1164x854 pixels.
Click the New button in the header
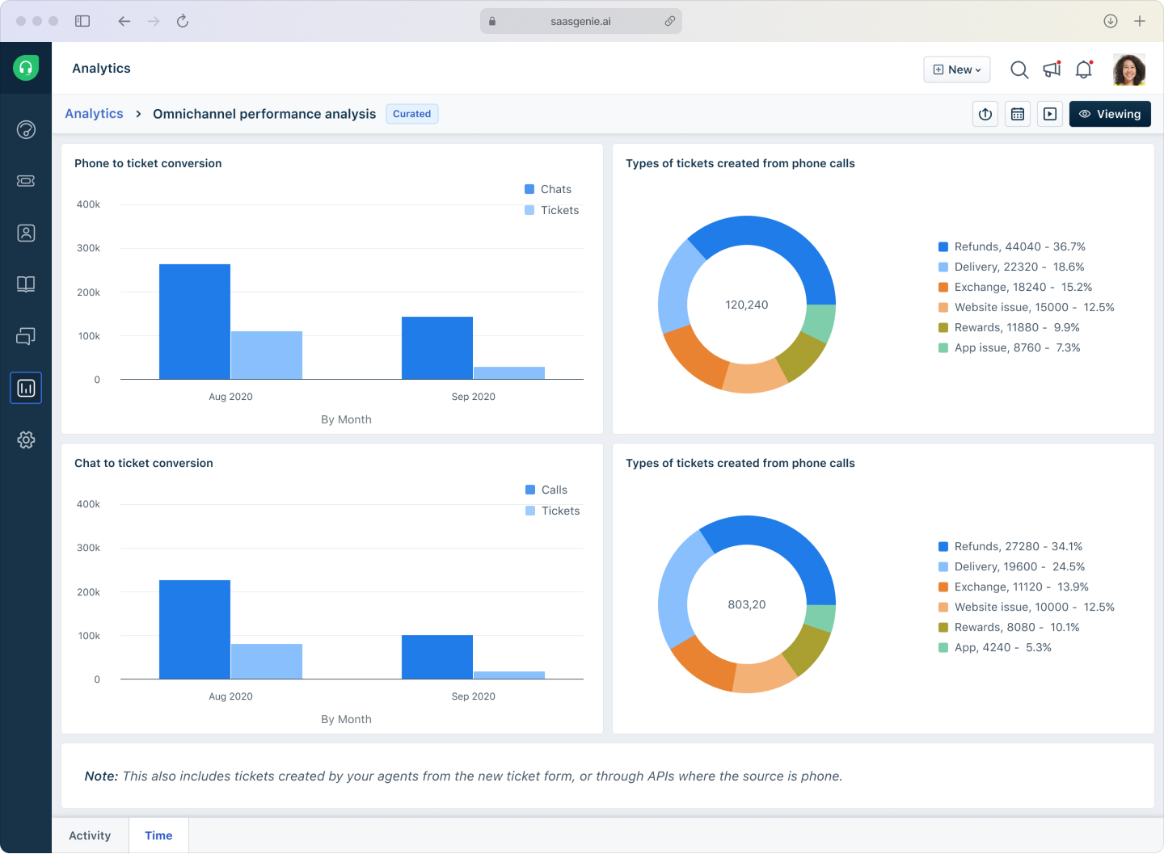[x=957, y=69]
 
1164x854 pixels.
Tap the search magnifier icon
[x=1019, y=69]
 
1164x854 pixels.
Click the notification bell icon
[x=1084, y=69]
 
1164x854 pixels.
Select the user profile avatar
[x=1128, y=69]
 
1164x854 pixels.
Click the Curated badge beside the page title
[x=411, y=114]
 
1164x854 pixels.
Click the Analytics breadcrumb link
[x=94, y=114]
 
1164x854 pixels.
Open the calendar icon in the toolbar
[x=1018, y=114]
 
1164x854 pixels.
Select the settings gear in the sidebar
[x=26, y=440]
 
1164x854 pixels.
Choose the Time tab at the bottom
[x=158, y=835]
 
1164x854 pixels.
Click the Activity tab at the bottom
[x=90, y=835]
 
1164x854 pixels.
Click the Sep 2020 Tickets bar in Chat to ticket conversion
[x=509, y=675]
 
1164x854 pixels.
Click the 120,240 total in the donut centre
[x=747, y=305]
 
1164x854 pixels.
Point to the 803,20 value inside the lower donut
[x=747, y=604]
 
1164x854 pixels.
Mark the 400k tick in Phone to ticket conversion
[x=88, y=204]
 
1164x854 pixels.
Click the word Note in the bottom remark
[x=101, y=776]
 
